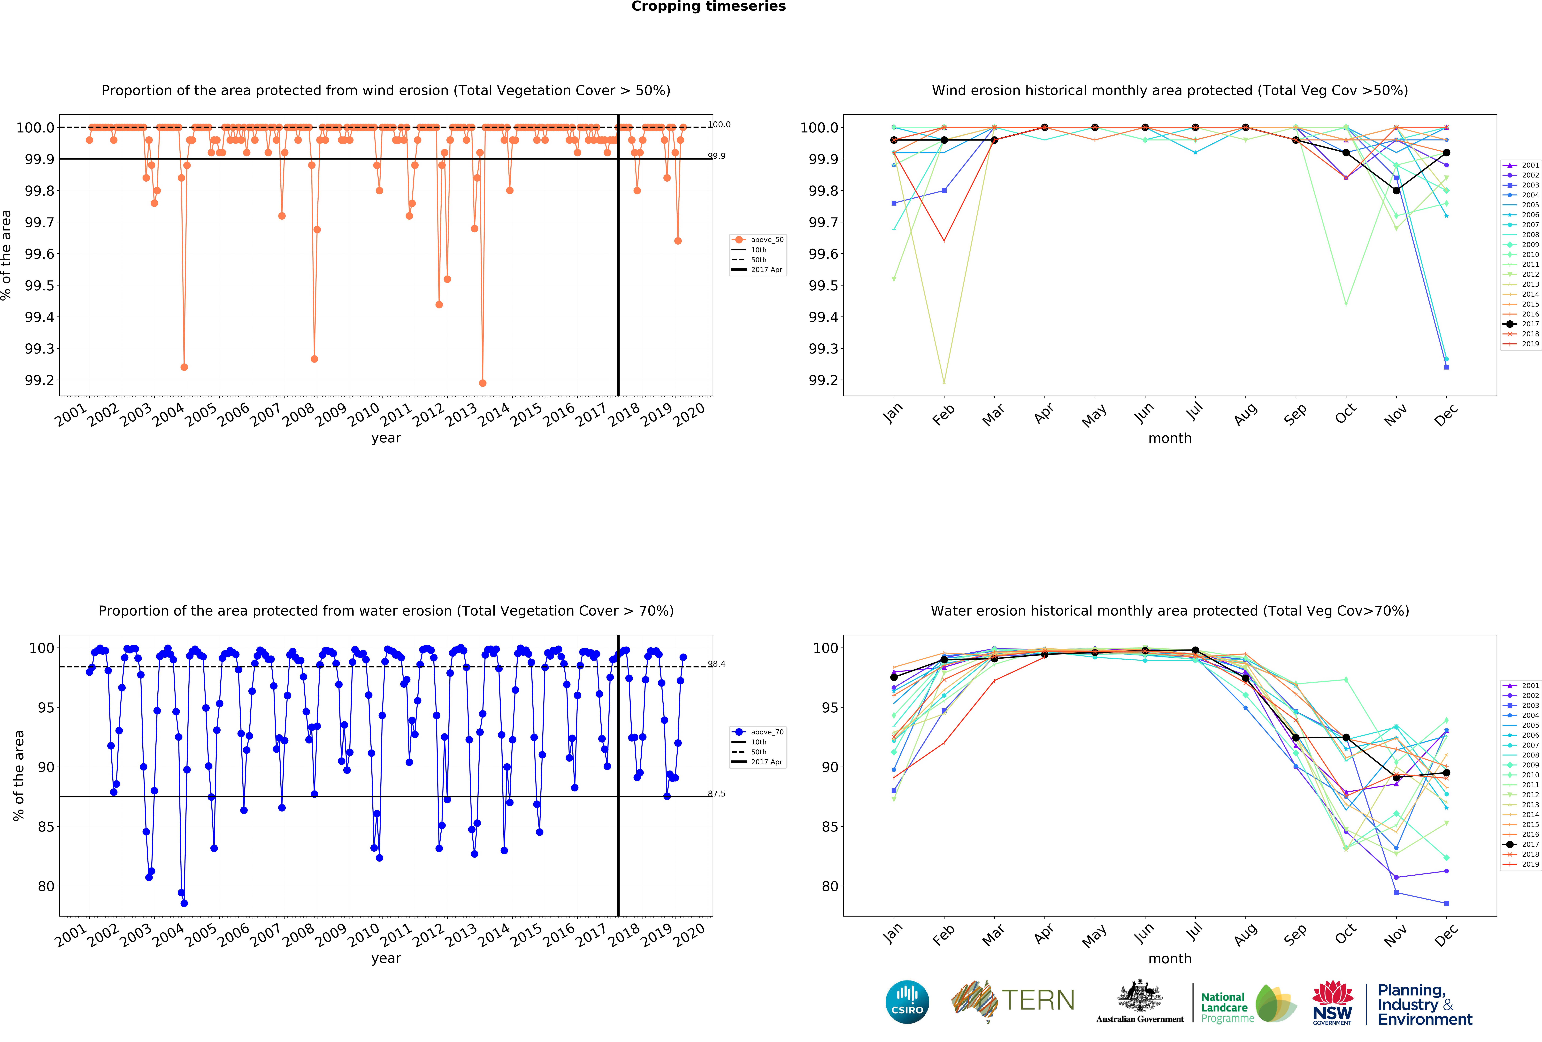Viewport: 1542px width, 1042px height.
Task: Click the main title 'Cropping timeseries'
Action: tap(708, 7)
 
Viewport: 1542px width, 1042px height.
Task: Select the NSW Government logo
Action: tap(1332, 1002)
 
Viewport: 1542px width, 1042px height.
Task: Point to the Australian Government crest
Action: tap(1139, 996)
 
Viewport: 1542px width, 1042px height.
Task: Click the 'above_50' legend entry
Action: tap(766, 240)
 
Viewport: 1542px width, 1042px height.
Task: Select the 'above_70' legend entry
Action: tap(766, 732)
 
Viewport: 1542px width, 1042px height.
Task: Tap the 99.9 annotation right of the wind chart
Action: tap(717, 156)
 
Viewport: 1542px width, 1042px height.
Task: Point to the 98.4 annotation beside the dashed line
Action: tap(717, 664)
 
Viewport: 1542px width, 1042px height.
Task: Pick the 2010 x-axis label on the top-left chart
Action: tap(364, 415)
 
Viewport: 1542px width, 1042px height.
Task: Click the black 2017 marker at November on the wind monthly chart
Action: tap(1396, 191)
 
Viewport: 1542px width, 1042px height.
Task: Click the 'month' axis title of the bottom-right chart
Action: tap(1170, 958)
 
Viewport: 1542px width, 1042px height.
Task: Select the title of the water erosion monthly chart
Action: tap(1170, 611)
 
